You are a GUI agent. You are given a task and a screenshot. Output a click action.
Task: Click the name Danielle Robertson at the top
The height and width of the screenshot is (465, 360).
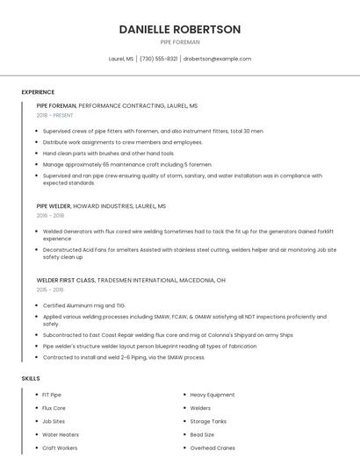[x=179, y=29]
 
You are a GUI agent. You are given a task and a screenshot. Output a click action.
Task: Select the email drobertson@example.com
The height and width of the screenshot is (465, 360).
[x=217, y=59]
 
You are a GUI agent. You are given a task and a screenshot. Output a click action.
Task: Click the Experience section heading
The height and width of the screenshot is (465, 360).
[x=38, y=92]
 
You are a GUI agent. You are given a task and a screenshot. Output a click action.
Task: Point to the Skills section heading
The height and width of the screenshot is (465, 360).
[x=31, y=378]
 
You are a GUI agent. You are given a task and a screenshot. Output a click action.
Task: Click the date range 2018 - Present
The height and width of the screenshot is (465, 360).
[x=55, y=115]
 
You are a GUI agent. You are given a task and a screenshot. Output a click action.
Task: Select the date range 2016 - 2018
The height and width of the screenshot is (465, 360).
[x=50, y=215]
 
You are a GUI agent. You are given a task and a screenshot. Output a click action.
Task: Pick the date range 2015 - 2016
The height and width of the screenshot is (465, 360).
[x=50, y=289]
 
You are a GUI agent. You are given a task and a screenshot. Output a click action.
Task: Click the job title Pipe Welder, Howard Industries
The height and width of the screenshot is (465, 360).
[x=101, y=206]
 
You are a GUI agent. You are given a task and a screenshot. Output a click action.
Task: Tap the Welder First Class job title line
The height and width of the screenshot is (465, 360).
[x=131, y=280]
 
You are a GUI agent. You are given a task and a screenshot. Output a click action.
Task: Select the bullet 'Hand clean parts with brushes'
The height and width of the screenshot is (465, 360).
[x=96, y=153]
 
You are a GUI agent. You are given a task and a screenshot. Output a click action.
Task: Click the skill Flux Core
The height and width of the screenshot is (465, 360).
[x=54, y=408]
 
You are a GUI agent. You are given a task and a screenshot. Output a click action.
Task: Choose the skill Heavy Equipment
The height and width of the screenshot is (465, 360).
[x=212, y=395]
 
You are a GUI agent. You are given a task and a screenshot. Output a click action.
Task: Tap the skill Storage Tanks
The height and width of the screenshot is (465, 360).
[x=209, y=421]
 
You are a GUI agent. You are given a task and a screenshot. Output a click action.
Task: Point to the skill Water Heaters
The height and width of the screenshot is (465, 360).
[x=61, y=434]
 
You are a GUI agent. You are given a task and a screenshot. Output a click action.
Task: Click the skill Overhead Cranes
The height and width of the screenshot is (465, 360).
[x=212, y=447]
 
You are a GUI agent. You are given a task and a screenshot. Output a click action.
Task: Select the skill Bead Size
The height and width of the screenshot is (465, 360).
[x=202, y=434]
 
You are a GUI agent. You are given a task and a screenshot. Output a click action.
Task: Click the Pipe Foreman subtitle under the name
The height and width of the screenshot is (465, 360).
[x=179, y=42]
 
